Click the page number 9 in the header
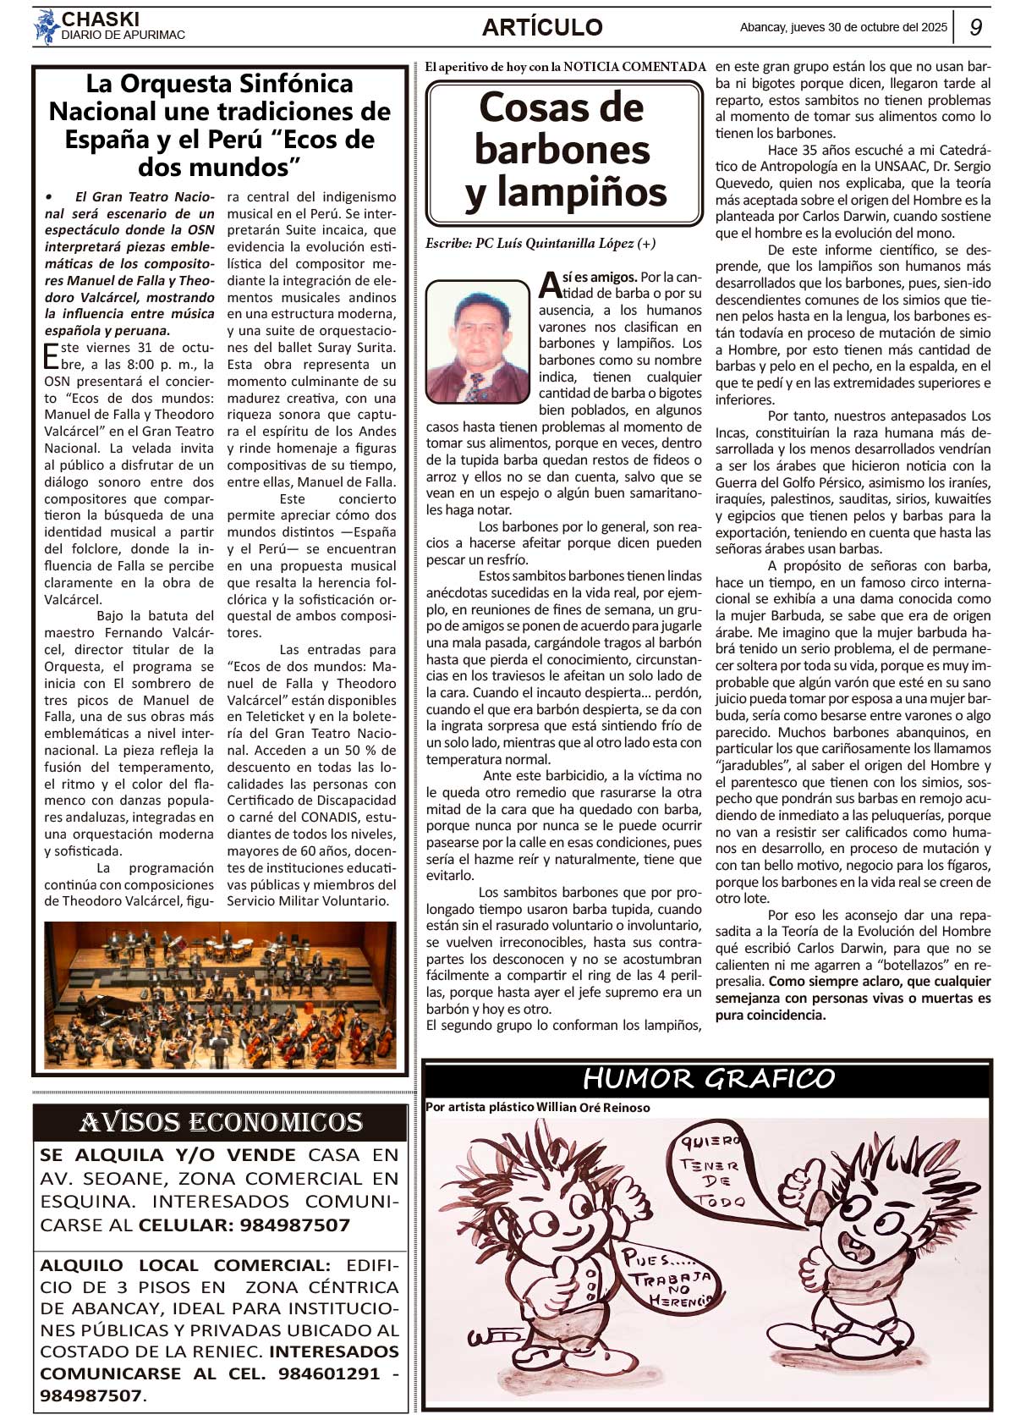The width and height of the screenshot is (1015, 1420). tap(975, 27)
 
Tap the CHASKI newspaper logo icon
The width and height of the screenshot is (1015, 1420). tap(46, 26)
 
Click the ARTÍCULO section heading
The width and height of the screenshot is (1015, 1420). tap(542, 27)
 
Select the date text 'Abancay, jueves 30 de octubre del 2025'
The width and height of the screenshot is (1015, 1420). tap(843, 27)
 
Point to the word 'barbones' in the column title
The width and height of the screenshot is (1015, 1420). tap(562, 150)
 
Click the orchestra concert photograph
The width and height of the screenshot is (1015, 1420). tap(220, 995)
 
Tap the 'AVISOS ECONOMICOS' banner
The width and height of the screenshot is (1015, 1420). tap(221, 1122)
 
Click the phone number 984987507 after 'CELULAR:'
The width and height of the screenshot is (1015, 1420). tap(294, 1225)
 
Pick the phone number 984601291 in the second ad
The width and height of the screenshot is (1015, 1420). tap(329, 1373)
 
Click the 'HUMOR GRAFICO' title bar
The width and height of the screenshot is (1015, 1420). tap(707, 1079)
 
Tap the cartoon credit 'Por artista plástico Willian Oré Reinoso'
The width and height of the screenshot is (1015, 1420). tap(537, 1107)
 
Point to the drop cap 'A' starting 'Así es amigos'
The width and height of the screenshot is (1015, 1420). tap(550, 285)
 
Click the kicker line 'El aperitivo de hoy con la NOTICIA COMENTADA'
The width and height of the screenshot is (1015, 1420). tap(565, 67)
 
